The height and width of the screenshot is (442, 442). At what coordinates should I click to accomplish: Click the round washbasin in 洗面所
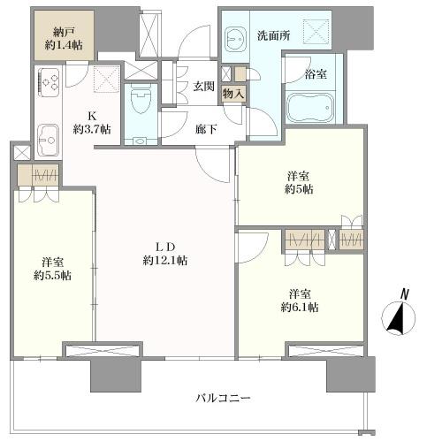tap(236, 40)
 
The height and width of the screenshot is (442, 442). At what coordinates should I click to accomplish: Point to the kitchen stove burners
tap(47, 85)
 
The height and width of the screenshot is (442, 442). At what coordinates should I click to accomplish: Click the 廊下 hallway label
tap(205, 127)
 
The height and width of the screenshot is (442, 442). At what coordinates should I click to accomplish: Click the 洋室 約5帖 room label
tap(296, 182)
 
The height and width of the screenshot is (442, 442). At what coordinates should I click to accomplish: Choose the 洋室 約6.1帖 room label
tap(301, 300)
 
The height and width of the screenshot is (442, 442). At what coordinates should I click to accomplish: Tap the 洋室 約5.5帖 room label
tap(54, 269)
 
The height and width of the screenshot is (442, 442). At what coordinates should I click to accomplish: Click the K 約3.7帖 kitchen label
tap(92, 122)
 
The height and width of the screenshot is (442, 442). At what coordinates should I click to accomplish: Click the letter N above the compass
tap(403, 293)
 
